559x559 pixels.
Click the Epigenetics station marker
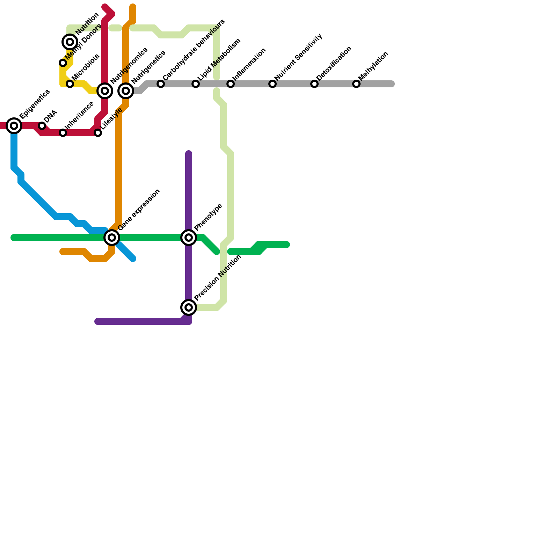click(x=14, y=126)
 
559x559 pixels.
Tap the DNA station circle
click(x=42, y=126)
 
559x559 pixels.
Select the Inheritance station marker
click(x=63, y=133)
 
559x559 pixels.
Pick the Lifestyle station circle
click(x=98, y=133)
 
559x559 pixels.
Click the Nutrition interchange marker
click(x=70, y=42)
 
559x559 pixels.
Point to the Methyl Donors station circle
click(x=63, y=63)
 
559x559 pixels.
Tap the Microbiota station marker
click(x=70, y=84)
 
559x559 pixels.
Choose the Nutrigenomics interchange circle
click(x=105, y=91)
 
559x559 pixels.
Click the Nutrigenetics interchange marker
click(x=126, y=91)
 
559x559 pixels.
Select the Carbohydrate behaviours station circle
click(x=161, y=84)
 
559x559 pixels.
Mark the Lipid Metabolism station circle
click(x=196, y=84)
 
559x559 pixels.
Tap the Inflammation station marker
click(x=231, y=84)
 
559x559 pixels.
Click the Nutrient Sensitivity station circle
click(x=273, y=84)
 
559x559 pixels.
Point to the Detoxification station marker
click(x=314, y=84)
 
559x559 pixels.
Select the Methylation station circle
click(x=356, y=84)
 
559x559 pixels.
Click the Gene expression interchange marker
click(x=112, y=238)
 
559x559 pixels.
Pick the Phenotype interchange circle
click(x=189, y=238)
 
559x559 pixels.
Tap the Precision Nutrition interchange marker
click(x=189, y=307)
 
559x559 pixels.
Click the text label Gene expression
click(x=139, y=210)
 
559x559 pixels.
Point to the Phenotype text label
click(x=208, y=217)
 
